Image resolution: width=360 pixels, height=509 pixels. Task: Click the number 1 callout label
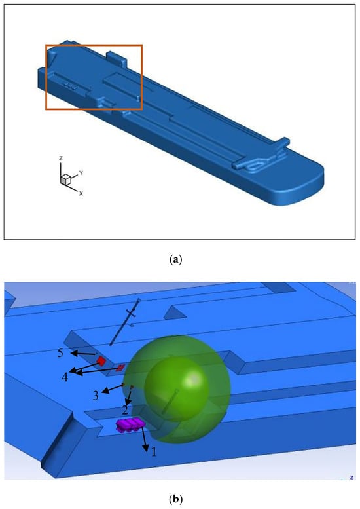154,451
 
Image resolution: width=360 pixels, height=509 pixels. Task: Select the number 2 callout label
125,410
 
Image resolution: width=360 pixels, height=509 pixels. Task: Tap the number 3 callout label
96,396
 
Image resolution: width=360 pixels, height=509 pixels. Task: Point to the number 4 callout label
65,377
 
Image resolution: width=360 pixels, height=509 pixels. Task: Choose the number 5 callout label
61,353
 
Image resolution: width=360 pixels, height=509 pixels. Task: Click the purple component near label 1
130,424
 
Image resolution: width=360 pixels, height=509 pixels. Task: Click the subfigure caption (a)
176,260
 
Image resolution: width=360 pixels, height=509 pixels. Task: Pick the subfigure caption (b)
176,499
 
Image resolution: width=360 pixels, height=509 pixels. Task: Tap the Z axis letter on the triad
61,159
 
